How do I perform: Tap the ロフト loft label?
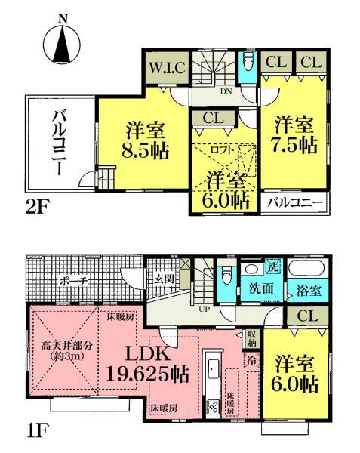(x=224, y=148)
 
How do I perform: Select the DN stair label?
(x=224, y=92)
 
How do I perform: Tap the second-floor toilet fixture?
(x=249, y=64)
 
